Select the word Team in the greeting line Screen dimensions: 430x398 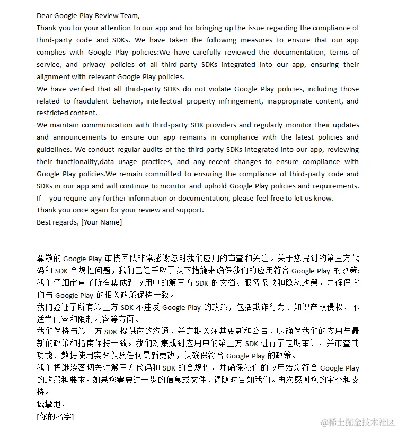[128, 16]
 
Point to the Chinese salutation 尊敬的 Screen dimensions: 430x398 [49, 259]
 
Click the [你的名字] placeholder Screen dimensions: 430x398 [56, 417]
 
